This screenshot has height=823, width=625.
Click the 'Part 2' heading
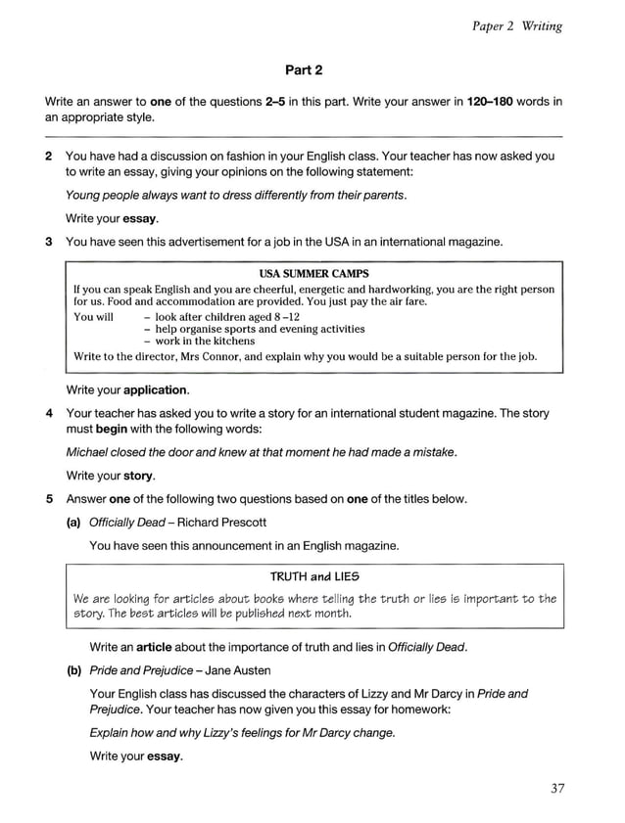(x=304, y=69)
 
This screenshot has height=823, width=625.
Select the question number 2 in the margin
(x=50, y=156)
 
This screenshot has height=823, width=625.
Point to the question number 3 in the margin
(x=50, y=241)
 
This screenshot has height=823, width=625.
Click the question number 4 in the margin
(x=50, y=413)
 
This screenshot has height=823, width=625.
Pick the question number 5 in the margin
(x=50, y=499)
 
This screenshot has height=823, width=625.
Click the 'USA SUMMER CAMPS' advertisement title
(x=313, y=273)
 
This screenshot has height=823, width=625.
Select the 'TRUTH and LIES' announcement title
(x=313, y=576)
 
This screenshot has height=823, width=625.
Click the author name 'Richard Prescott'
(x=221, y=522)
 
